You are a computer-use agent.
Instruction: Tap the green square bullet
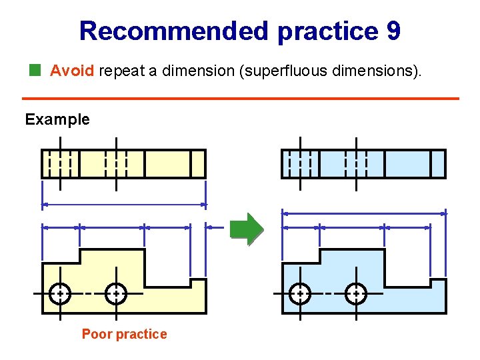click(x=35, y=69)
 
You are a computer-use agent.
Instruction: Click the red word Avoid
click(x=72, y=70)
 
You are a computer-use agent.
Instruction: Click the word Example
click(x=57, y=119)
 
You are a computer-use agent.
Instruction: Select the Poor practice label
click(x=124, y=334)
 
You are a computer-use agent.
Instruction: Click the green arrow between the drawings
click(x=247, y=229)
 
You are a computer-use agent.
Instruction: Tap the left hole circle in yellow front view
click(x=60, y=293)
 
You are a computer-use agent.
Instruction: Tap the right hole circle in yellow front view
click(x=116, y=293)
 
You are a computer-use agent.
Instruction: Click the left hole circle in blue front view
click(x=300, y=293)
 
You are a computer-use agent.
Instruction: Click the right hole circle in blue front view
click(x=356, y=293)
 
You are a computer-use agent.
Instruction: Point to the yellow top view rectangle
click(x=167, y=163)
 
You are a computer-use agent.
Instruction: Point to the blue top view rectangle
click(x=407, y=163)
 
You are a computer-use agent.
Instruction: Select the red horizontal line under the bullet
click(x=244, y=99)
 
